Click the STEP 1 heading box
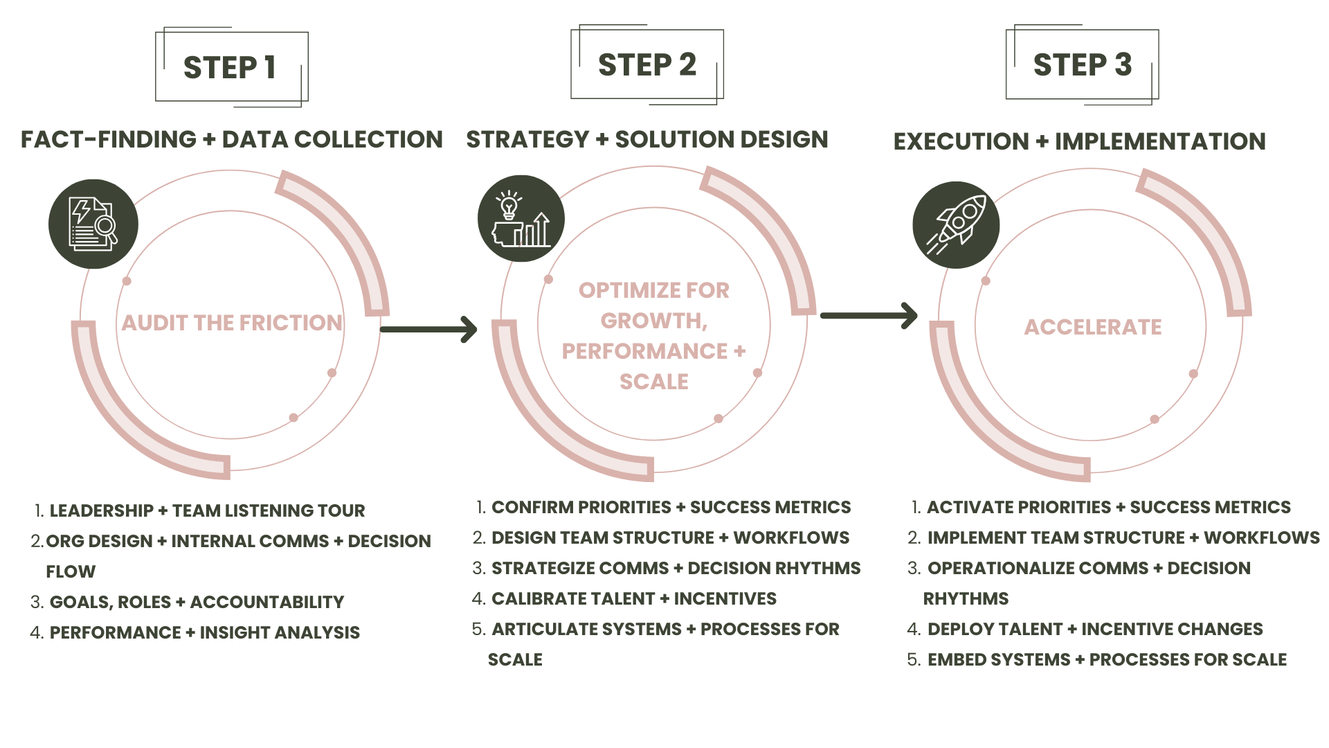tap(230, 68)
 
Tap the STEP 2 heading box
tap(647, 65)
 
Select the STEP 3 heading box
tap(1082, 65)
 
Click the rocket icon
tap(956, 224)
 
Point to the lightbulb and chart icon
tap(521, 220)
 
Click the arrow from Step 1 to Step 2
tap(429, 329)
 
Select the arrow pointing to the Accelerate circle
tap(869, 316)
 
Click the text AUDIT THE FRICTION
tap(232, 323)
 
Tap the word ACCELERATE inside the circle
tap(1093, 327)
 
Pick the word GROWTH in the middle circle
tap(653, 321)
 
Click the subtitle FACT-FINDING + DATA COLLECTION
tap(232, 139)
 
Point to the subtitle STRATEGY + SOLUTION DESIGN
tap(647, 139)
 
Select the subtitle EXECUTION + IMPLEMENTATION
tap(1079, 141)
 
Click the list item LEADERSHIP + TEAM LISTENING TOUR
tap(207, 510)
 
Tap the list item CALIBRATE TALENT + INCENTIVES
tap(633, 598)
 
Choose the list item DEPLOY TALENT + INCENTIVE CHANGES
tap(1094, 629)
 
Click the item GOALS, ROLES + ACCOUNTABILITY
tap(197, 602)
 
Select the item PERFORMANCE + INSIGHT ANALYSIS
tap(204, 632)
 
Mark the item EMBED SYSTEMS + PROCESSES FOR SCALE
tap(1106, 659)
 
